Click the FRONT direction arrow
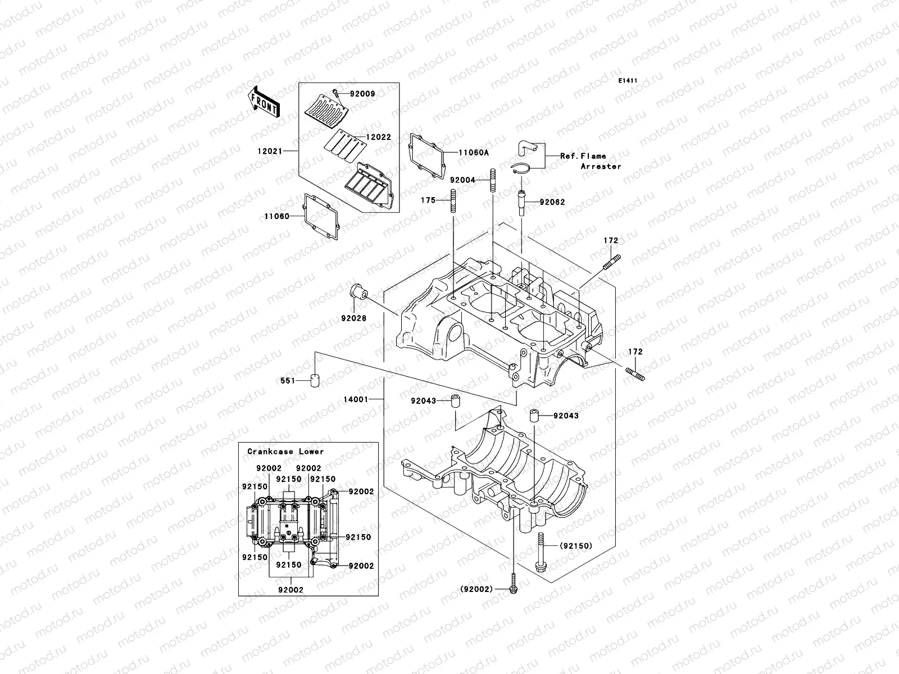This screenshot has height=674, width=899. tap(264, 102)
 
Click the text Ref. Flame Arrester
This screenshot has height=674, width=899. tap(587, 161)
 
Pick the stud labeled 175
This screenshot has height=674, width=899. tap(453, 201)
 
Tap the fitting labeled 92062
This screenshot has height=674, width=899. tap(522, 202)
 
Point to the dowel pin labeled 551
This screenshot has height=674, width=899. tap(315, 380)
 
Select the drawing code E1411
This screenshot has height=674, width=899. tap(628, 81)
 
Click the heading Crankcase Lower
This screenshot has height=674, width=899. tap(285, 452)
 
